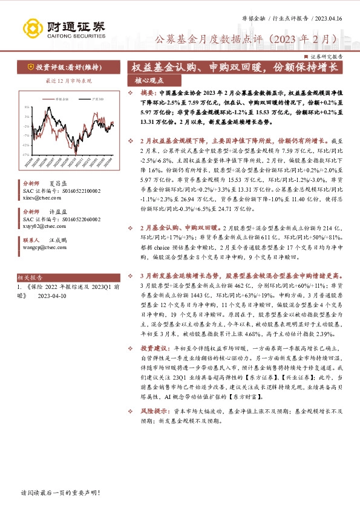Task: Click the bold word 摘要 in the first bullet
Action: (147, 94)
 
